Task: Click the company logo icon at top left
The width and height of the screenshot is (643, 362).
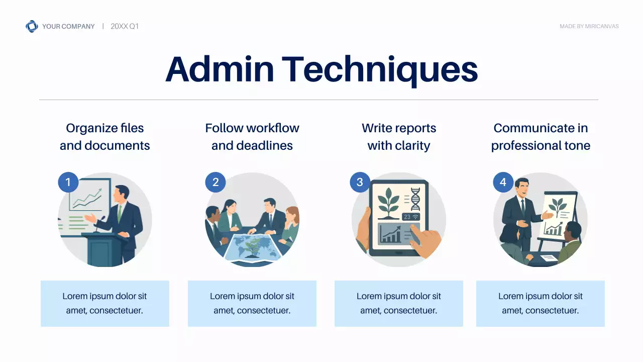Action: coord(32,26)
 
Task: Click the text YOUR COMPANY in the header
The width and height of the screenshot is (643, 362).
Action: coord(68,26)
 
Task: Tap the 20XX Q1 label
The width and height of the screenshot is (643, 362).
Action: coord(124,26)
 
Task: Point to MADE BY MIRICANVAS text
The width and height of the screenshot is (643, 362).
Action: coord(589,26)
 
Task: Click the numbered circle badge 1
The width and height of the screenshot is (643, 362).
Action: coord(68,182)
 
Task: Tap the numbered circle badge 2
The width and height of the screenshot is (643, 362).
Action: coord(216,182)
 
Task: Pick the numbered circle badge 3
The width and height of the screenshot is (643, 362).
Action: coord(360,182)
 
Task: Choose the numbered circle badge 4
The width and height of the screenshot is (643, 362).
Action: coord(503,182)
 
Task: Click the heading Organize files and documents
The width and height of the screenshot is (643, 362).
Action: coord(105,137)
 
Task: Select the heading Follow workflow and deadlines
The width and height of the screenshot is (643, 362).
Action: coord(252,137)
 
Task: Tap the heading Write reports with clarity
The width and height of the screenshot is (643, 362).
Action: coord(399,137)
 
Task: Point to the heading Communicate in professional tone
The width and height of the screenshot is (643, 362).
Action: coord(541,137)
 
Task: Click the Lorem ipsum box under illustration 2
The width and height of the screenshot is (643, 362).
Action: coord(252,303)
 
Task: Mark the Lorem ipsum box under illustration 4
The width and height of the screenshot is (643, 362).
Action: coord(541,303)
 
